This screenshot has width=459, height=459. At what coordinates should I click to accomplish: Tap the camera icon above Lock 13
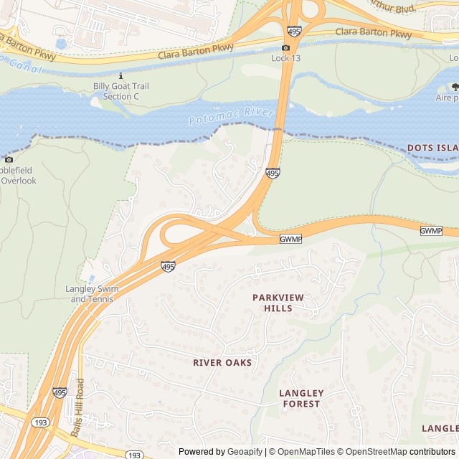[285, 47]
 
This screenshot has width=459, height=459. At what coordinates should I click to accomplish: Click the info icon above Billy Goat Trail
[120, 75]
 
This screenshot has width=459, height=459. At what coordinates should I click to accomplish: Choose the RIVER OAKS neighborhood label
[222, 363]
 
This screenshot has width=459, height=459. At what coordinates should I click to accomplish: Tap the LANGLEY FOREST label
[301, 399]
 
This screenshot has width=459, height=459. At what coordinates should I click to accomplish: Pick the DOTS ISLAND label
[432, 148]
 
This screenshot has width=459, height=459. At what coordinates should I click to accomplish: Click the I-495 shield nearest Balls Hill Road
[60, 393]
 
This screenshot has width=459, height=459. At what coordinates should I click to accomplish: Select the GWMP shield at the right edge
[430, 231]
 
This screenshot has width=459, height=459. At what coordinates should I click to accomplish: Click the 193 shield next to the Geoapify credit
[134, 455]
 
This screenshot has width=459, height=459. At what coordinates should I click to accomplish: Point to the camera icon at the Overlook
[8, 159]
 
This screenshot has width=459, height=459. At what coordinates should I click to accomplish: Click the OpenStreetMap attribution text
[372, 451]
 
